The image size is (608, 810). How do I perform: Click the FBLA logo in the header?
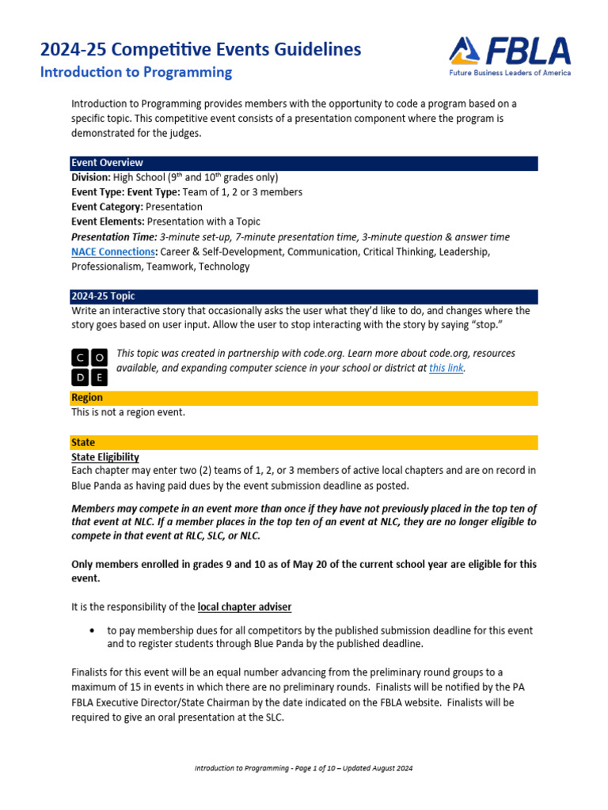(x=509, y=55)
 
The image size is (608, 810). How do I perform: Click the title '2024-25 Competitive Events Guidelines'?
(x=200, y=50)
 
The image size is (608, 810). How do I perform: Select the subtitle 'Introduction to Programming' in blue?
(x=136, y=73)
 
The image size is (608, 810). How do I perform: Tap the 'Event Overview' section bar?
(x=304, y=163)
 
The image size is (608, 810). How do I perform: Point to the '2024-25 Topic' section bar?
(x=304, y=297)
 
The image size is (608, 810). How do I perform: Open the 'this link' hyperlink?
(x=446, y=369)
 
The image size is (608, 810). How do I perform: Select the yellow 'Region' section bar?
(x=304, y=398)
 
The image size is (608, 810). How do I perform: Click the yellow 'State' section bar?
(x=304, y=443)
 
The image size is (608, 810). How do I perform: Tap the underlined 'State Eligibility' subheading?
(x=105, y=457)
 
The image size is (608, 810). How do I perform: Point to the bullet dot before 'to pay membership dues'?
(x=94, y=631)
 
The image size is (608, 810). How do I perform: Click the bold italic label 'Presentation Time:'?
(x=114, y=237)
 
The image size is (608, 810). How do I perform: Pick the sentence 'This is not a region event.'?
(x=128, y=412)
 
